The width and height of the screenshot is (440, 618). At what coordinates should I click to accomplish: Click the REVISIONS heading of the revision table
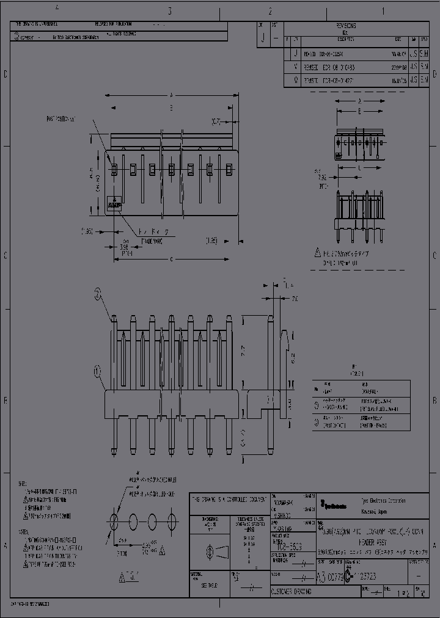(345, 26)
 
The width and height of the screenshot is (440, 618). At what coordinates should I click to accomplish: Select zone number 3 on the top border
(169, 11)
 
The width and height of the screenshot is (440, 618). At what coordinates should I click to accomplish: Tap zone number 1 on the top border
(383, 11)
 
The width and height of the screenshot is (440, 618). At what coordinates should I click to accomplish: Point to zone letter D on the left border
(5, 75)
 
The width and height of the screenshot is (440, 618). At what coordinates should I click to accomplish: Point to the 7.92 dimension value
(324, 178)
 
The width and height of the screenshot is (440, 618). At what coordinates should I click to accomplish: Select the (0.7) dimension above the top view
(216, 122)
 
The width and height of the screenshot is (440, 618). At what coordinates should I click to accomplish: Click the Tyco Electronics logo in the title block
(333, 505)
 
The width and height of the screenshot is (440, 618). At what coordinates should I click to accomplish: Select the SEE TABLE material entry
(208, 584)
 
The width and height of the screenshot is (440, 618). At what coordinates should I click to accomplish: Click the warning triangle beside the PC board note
(317, 252)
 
